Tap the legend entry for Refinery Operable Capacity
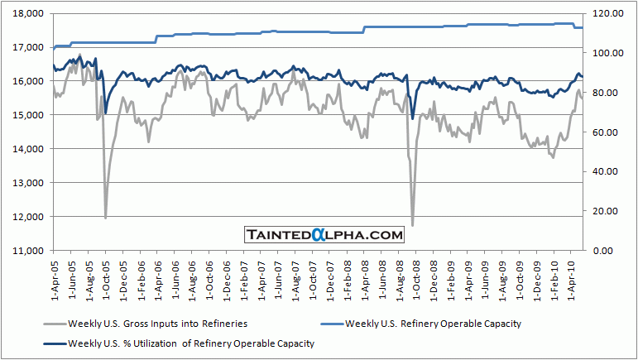pos(434,323)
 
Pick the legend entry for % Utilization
pos(190,342)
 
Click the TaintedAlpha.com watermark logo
pos(324,235)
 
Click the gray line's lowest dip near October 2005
pos(105,218)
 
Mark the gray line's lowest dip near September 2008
pos(412,224)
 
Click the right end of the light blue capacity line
pos(582,27)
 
